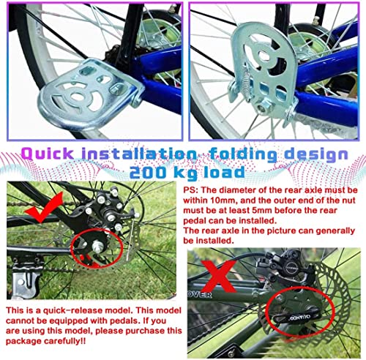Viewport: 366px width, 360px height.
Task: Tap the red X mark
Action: pos(218,276)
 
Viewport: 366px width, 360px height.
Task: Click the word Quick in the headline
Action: pos(48,154)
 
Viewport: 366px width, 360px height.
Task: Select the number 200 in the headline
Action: pos(147,173)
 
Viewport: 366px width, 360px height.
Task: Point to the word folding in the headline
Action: pos(244,155)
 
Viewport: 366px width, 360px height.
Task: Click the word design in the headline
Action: pos(316,155)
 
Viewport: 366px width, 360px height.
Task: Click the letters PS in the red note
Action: pos(190,190)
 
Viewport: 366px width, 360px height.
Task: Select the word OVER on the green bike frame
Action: pos(199,295)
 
